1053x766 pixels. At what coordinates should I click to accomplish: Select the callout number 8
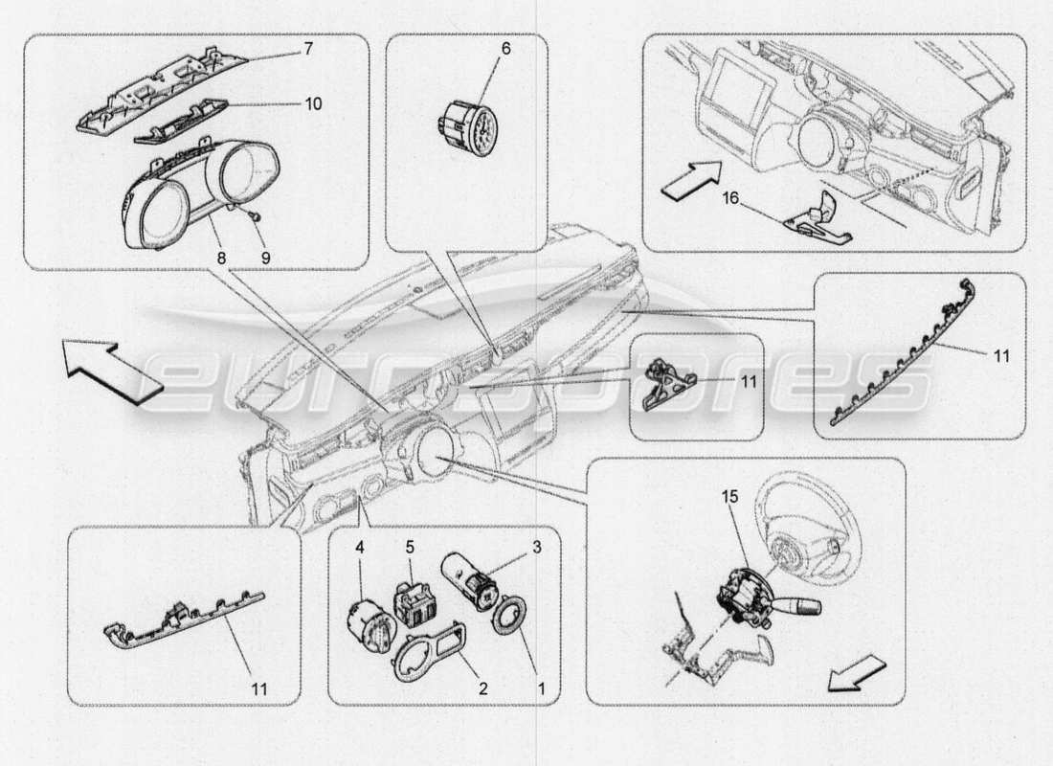pos(221,258)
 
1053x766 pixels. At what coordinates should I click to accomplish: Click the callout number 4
pos(360,549)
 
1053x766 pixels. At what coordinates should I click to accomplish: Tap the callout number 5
pos(409,549)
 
